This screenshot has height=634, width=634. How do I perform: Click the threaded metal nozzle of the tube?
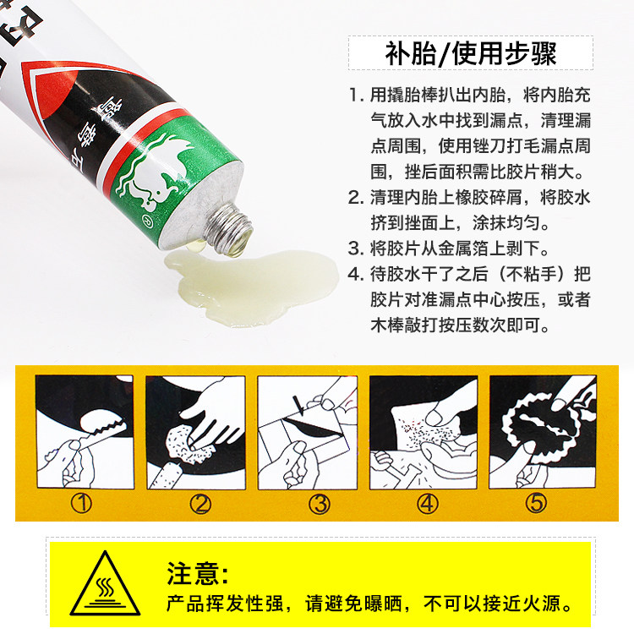227,229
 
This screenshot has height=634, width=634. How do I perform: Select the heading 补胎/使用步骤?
471,53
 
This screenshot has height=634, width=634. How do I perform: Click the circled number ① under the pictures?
81,504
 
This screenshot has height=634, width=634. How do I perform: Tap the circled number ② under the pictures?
200,504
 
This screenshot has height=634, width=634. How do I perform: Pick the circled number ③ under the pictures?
320,504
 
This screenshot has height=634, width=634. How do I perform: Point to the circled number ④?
428,504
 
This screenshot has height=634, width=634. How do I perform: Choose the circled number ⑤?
536,504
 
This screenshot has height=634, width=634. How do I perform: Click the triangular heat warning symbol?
105,587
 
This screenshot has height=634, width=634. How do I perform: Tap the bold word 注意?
197,573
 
